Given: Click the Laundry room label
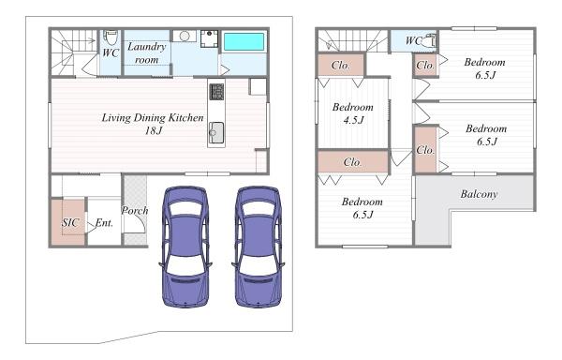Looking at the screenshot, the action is [x=147, y=53].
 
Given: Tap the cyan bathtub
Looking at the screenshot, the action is [x=244, y=41].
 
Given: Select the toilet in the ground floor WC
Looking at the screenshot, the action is [x=111, y=37].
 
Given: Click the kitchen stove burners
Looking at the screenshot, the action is [x=216, y=92].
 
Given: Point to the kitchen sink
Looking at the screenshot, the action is [x=216, y=133].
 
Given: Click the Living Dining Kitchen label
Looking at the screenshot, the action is [x=153, y=124].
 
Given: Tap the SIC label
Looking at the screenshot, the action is [x=69, y=223].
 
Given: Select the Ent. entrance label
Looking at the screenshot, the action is [x=104, y=223].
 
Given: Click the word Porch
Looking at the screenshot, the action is [x=135, y=210].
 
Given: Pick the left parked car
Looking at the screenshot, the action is [x=185, y=247].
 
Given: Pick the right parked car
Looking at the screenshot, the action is [x=259, y=247].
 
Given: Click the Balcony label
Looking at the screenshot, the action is [x=479, y=194].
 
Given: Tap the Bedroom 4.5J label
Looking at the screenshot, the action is [x=353, y=113].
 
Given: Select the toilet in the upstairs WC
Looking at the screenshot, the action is [x=429, y=40].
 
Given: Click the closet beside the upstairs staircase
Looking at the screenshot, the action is [x=341, y=65].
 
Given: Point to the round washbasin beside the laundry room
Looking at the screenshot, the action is [x=185, y=36].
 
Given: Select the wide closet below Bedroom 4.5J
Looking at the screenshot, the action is [x=353, y=162].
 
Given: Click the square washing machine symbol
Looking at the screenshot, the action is [x=209, y=38].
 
